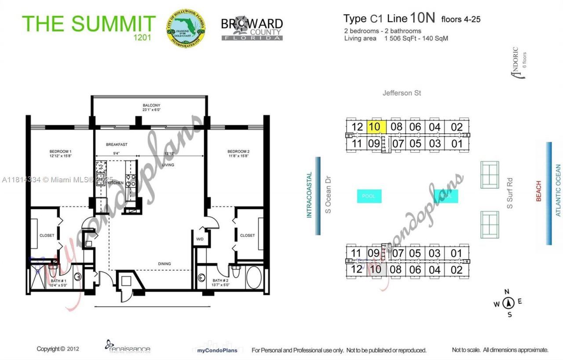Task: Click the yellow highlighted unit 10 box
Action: point(377,127)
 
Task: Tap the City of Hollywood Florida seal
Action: point(186,27)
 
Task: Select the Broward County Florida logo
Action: point(252,29)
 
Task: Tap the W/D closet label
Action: point(200,239)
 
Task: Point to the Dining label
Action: point(165,264)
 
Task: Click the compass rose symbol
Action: point(509,303)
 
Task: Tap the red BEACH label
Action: point(538,191)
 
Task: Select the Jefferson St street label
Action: point(402,93)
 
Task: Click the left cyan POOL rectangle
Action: point(369,196)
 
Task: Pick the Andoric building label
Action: point(515,63)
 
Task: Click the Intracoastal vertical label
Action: point(309,195)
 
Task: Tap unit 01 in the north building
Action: point(457,143)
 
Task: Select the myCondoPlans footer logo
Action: point(215,350)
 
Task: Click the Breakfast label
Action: point(117,144)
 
